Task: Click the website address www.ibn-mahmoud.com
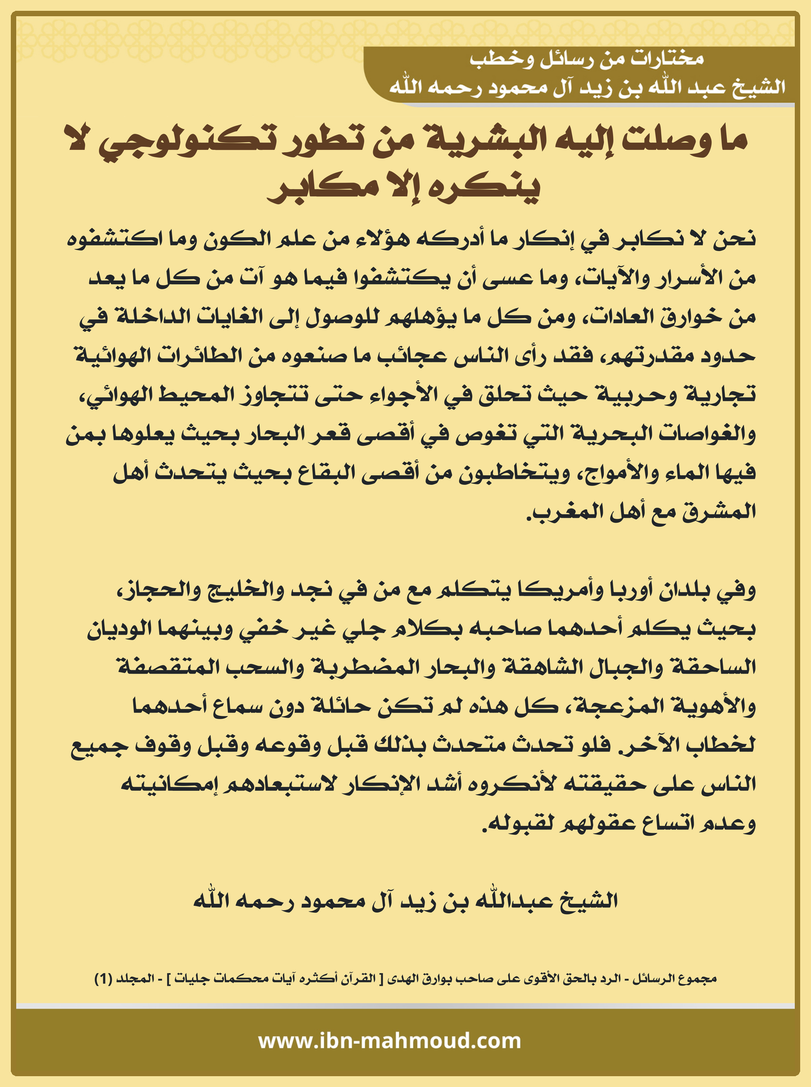389,1040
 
